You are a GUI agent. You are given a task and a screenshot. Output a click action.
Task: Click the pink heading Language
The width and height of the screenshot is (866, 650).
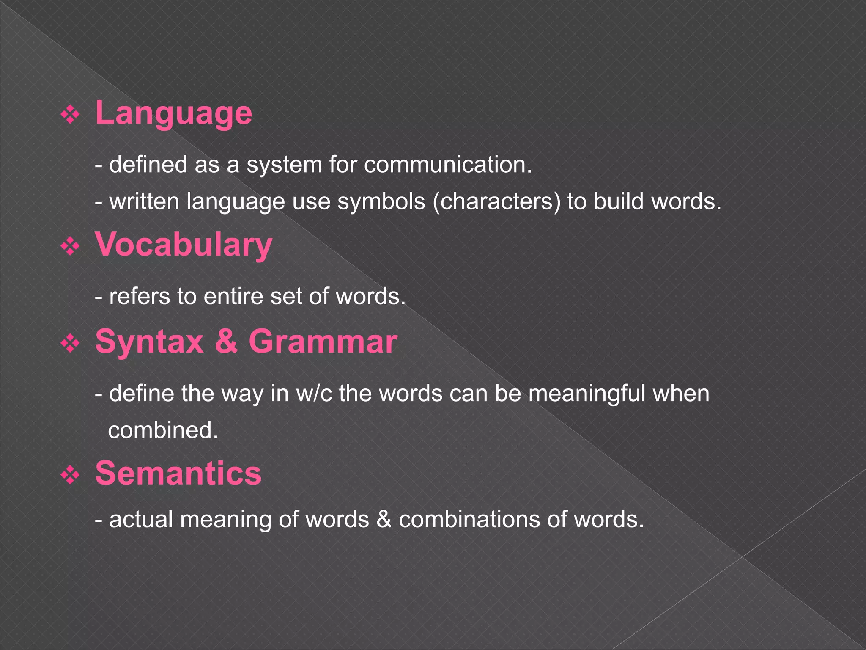click(x=173, y=113)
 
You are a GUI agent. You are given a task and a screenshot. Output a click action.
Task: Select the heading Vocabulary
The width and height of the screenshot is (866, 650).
click(x=184, y=245)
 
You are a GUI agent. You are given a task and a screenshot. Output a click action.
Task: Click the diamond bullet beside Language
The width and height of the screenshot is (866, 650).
click(x=70, y=115)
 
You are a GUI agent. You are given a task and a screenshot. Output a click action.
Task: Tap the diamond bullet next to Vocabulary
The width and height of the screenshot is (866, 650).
click(x=70, y=246)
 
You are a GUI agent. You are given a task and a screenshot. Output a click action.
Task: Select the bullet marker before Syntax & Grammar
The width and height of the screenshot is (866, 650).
click(x=70, y=344)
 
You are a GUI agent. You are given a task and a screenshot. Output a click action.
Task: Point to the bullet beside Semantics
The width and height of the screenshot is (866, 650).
click(x=70, y=475)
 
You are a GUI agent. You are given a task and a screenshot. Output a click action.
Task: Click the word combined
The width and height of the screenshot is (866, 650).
click(x=163, y=430)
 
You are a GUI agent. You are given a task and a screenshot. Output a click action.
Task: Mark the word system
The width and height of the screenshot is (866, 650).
click(x=284, y=165)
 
